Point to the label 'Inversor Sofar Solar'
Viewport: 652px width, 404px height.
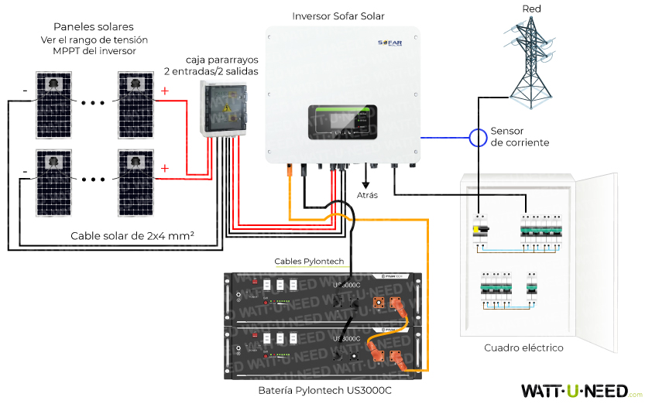point(338,16)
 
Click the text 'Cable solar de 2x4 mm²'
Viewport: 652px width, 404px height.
point(132,235)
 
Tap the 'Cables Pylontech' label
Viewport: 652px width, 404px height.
point(309,262)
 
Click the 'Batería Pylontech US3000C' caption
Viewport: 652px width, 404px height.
point(325,390)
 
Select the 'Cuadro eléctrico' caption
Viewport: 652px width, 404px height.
point(523,348)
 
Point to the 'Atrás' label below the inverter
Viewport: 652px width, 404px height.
point(367,195)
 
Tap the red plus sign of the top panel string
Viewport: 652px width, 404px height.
point(164,91)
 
